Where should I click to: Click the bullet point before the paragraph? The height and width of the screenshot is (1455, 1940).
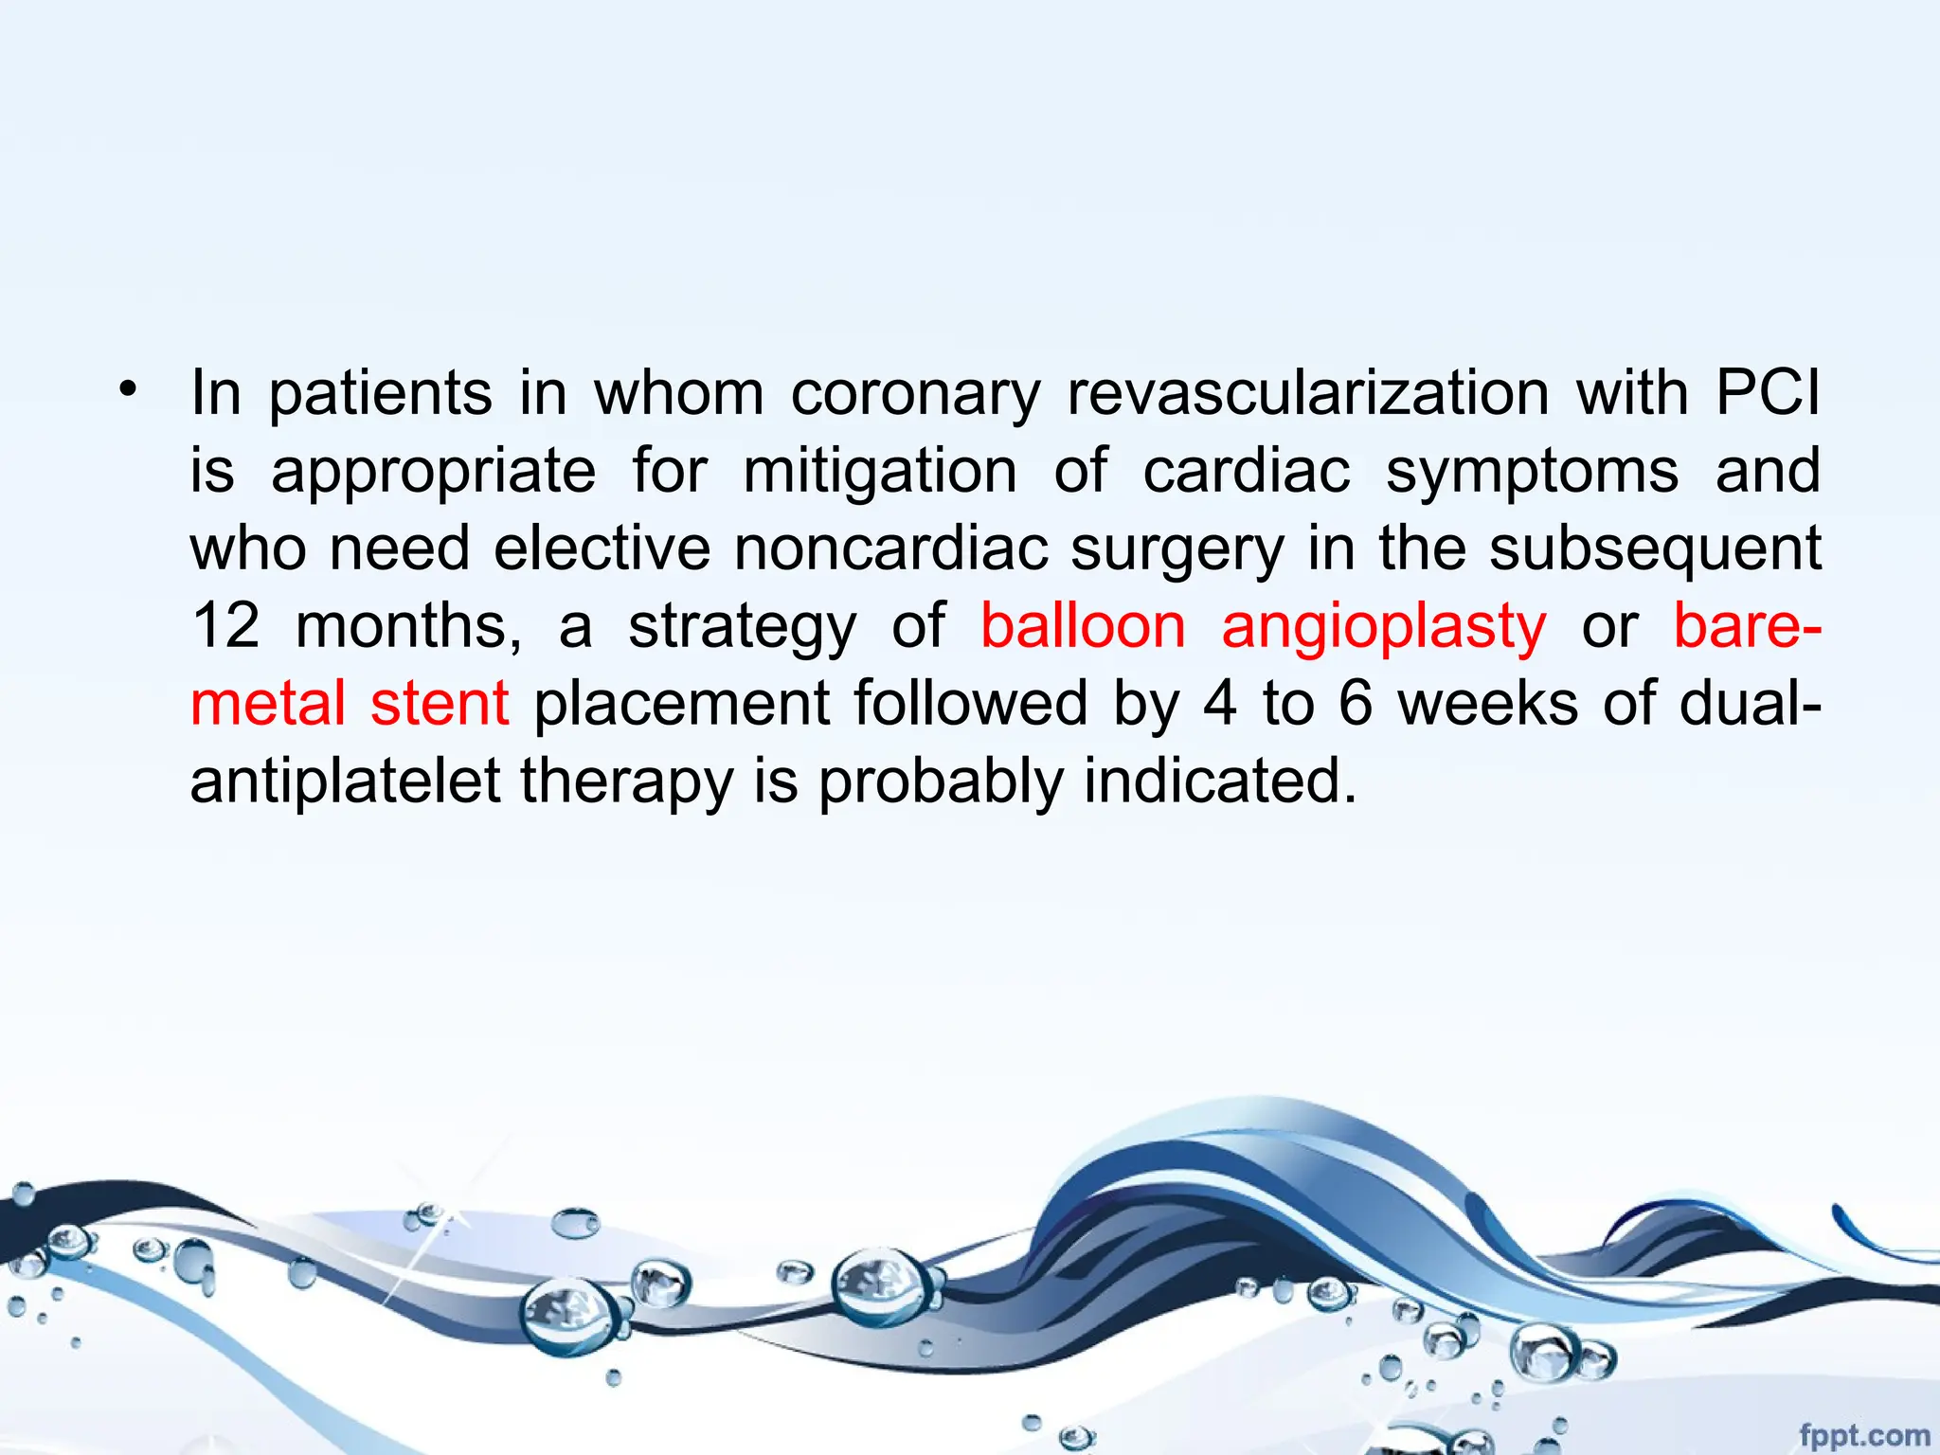[x=128, y=388]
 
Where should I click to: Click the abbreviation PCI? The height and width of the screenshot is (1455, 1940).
[x=1768, y=392]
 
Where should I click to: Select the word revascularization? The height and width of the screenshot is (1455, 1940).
[x=1308, y=392]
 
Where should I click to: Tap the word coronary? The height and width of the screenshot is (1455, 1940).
[x=916, y=394]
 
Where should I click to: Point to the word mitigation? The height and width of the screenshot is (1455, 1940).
[x=880, y=471]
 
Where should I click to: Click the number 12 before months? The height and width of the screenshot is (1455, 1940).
[x=225, y=625]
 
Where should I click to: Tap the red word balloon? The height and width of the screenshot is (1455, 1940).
[x=1083, y=625]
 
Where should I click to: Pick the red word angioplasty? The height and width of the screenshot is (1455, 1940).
[x=1384, y=627]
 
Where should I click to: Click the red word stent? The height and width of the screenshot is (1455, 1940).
[x=440, y=704]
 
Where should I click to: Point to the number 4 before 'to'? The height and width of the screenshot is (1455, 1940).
[x=1220, y=704]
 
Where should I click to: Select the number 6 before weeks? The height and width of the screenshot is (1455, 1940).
[x=1356, y=704]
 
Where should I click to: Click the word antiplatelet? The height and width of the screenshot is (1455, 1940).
[x=345, y=781]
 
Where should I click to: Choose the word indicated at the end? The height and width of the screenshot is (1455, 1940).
[x=1221, y=781]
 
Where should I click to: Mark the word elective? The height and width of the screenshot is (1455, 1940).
[x=602, y=548]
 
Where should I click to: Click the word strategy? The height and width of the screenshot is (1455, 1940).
[x=743, y=627]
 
